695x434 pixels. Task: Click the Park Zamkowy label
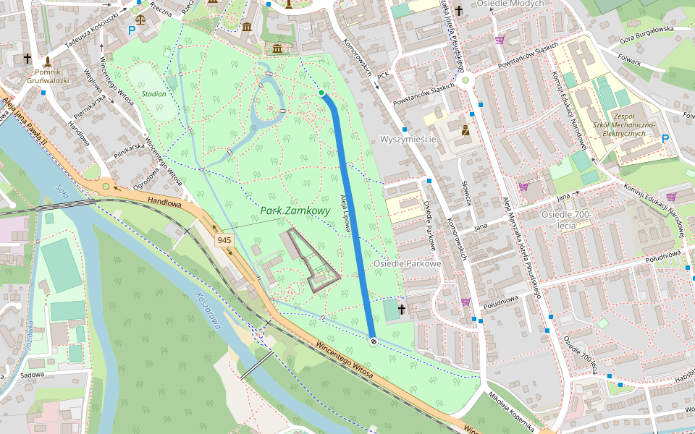295,211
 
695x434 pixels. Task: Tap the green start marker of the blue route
321,93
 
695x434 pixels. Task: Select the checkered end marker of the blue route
373,341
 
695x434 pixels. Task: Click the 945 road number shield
224,239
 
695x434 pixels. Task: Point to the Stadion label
153,94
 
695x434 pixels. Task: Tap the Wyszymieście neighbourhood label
408,139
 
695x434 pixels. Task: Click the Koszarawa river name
207,312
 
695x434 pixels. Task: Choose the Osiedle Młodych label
512,4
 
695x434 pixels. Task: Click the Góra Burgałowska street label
646,33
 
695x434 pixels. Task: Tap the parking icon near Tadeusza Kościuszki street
132,30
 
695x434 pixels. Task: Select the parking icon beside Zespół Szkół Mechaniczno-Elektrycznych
665,138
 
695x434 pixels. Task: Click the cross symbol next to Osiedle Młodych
458,11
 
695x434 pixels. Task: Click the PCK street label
384,74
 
